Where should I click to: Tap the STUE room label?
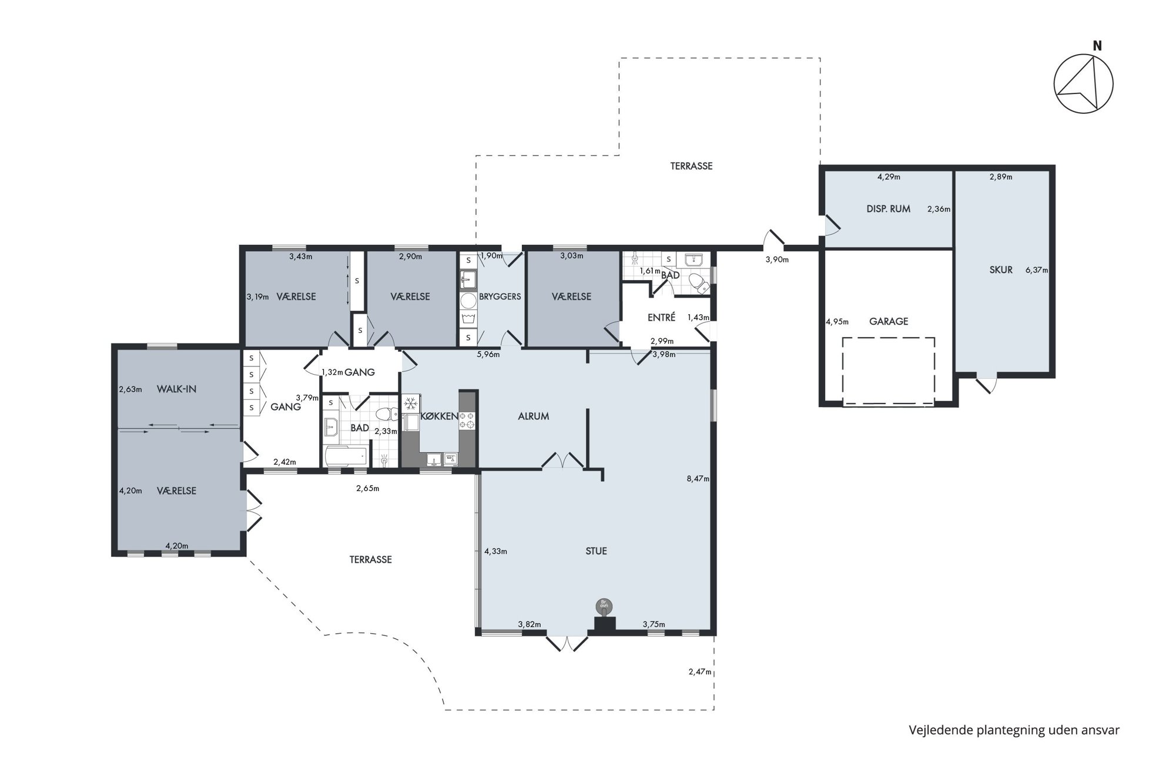[x=596, y=551]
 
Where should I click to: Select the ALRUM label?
[x=534, y=416]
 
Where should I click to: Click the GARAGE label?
[x=889, y=321]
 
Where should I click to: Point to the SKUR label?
[x=1001, y=270]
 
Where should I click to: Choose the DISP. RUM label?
[x=889, y=208]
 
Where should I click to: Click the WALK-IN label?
[x=176, y=389]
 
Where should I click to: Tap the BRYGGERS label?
[x=500, y=297]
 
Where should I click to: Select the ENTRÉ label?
[x=661, y=317]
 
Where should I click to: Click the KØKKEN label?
[x=440, y=416]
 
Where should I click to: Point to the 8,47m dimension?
[x=698, y=479]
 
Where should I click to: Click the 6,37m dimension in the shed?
[x=1037, y=270]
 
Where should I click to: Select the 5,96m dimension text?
[x=488, y=354]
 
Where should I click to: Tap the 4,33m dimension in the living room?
[x=495, y=551]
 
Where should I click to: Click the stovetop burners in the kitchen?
[x=467, y=420]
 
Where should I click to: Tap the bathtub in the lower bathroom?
[x=346, y=456]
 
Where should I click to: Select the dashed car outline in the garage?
[x=888, y=371]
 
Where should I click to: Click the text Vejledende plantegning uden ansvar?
[x=1014, y=730]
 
